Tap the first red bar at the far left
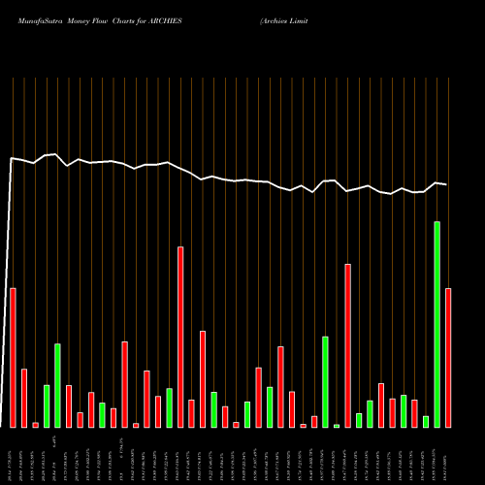click(13, 358)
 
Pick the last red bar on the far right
click(448, 358)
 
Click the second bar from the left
click(24, 398)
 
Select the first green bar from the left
click(47, 406)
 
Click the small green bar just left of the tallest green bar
click(426, 421)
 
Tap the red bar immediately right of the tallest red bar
click(191, 413)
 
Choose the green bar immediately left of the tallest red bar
click(169, 407)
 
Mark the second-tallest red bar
click(347, 345)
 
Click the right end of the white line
click(447, 184)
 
